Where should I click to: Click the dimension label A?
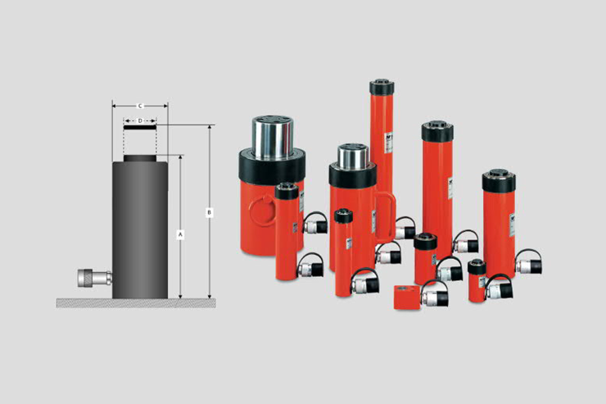click(180, 234)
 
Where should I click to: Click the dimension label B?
click(209, 212)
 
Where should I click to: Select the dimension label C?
click(140, 106)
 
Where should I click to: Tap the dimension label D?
click(140, 121)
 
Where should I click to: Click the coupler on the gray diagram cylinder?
click(95, 278)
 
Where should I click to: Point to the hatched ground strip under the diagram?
click(136, 303)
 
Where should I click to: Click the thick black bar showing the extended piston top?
click(140, 127)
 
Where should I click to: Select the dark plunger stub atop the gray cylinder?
click(140, 158)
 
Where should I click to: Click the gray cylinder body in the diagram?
click(140, 230)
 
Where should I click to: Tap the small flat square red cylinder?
click(406, 297)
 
